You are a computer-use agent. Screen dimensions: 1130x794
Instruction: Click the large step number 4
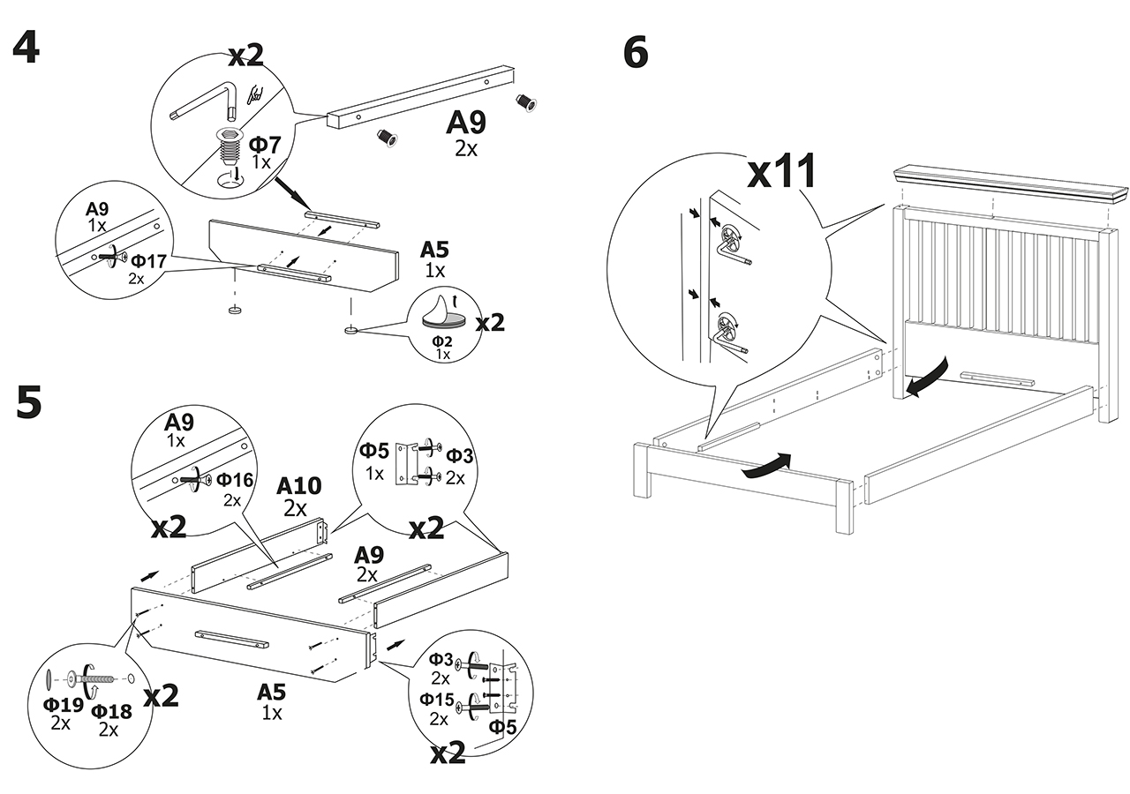[x=26, y=48]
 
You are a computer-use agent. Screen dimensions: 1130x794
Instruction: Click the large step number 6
[x=636, y=52]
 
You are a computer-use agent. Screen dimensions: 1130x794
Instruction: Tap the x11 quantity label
[x=781, y=170]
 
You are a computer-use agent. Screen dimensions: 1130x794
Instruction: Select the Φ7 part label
[x=265, y=145]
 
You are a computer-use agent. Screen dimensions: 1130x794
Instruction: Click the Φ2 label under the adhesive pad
[x=442, y=341]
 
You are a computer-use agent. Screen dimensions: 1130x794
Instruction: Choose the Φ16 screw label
[x=235, y=479]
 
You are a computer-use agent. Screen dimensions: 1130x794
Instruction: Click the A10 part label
[x=298, y=486]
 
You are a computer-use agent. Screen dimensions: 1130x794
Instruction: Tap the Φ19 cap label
[x=63, y=704]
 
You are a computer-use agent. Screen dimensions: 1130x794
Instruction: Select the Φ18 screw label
[x=111, y=711]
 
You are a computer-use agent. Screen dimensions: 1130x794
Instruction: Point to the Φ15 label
[x=437, y=700]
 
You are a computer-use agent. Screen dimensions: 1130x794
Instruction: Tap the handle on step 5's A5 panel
[x=231, y=638]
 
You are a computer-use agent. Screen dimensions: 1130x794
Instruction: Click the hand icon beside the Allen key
[x=257, y=94]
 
